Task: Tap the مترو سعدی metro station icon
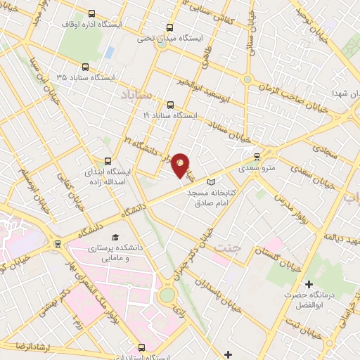coord(257,156)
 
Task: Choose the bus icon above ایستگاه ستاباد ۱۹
coord(172,103)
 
